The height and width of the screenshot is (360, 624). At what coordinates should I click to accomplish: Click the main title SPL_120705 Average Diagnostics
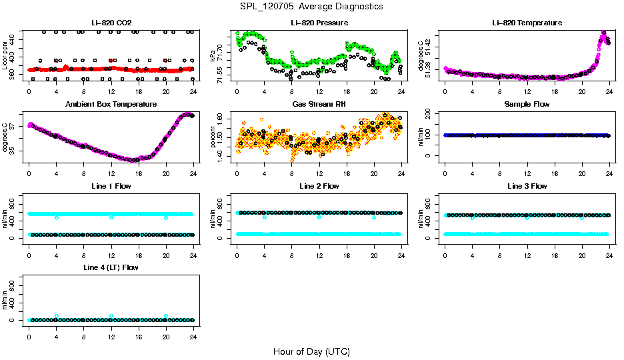[312, 6]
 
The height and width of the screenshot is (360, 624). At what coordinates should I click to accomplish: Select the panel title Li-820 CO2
[111, 23]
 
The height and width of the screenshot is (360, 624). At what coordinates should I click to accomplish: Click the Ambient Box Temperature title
[111, 105]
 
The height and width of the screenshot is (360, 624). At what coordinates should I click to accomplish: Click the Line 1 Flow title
[111, 186]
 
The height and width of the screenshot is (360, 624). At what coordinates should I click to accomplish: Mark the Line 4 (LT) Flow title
[111, 267]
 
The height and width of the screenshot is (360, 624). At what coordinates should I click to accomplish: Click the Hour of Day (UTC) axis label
[311, 351]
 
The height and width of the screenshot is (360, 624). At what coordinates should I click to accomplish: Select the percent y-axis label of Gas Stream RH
[213, 137]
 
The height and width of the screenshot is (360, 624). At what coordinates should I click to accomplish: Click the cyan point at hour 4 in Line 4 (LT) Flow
[57, 316]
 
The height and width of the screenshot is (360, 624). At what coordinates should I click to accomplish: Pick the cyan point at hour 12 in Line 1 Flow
[111, 217]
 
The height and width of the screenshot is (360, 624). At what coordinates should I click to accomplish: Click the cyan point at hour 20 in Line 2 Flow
[374, 217]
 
